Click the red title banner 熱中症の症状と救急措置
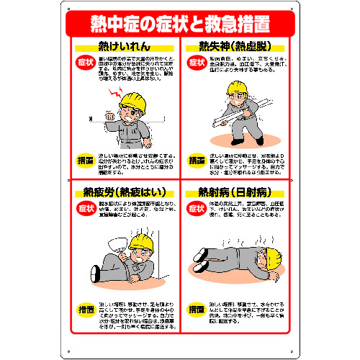179,24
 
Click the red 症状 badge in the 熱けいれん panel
85,63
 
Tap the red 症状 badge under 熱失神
197,63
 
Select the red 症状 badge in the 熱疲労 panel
85,209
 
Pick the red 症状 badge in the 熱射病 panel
197,209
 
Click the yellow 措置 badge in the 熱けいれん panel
85,159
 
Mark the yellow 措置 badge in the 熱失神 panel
197,159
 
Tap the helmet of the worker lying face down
273,254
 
